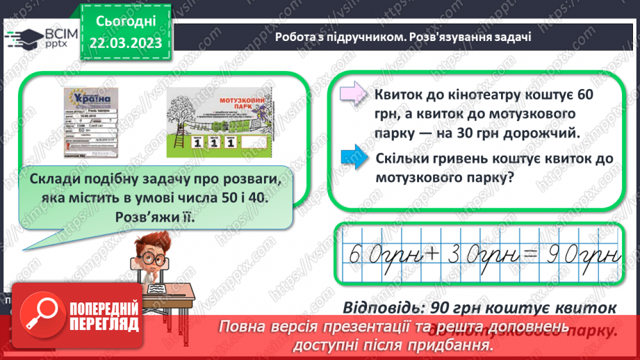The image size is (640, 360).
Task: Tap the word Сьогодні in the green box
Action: tap(125, 22)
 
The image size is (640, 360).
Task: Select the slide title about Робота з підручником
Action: tap(403, 37)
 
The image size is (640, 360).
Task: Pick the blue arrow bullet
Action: tap(354, 159)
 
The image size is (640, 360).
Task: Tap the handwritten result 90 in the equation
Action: tap(562, 258)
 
